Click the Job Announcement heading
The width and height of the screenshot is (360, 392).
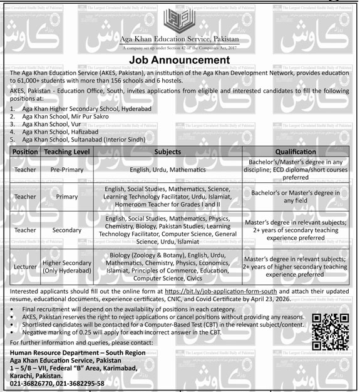[180, 60]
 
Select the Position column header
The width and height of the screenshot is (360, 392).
[25, 152]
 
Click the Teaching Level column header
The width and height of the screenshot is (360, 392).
[67, 152]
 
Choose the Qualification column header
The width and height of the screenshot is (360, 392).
[296, 152]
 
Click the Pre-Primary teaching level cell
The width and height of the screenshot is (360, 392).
[67, 169]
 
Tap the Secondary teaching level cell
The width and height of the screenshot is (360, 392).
[67, 230]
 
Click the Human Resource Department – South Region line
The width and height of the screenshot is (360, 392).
[70, 354]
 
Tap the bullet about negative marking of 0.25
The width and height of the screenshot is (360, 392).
[125, 333]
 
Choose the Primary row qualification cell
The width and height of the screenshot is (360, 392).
[296, 196]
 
